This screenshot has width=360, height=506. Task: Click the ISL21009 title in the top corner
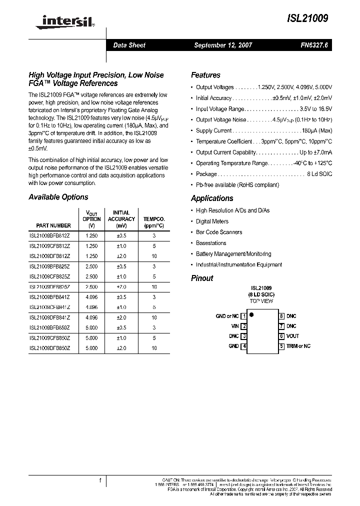tap(308, 18)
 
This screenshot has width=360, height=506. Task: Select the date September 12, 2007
tap(223, 45)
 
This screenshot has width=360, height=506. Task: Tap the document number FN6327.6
tap(312, 45)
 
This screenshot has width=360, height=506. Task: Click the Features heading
tap(205, 75)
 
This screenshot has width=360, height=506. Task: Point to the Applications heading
tap(212, 198)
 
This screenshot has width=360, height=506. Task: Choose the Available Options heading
tap(58, 197)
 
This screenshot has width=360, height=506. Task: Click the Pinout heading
tap(202, 278)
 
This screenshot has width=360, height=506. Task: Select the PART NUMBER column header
tap(53, 225)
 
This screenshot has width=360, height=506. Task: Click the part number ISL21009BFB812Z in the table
tap(49, 235)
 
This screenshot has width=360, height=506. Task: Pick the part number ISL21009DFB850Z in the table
tap(49, 348)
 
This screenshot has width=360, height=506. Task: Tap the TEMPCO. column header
tap(154, 219)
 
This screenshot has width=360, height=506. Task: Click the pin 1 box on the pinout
tap(243, 316)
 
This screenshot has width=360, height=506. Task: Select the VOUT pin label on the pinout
tap(292, 336)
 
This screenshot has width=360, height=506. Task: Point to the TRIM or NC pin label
tap(298, 346)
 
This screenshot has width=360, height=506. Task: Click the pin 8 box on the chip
tap(281, 316)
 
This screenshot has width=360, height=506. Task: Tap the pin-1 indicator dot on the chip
tap(251, 315)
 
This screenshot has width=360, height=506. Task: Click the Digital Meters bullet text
tap(212, 221)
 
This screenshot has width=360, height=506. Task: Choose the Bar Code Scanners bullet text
tap(219, 232)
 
